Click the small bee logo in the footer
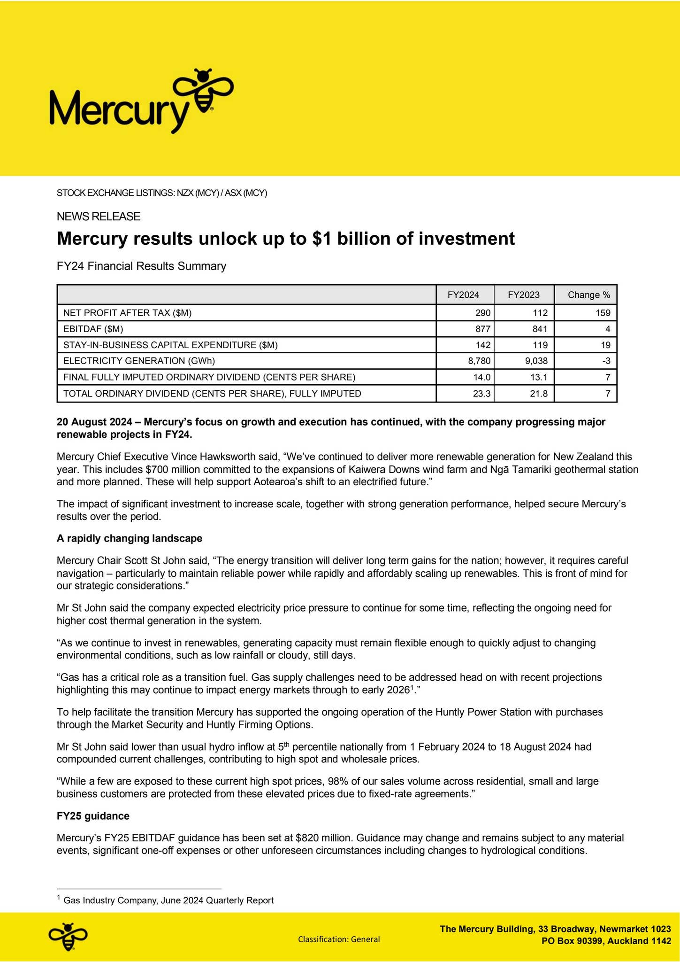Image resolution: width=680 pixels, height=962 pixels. (x=69, y=937)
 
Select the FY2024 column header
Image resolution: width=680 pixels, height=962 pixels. (x=463, y=295)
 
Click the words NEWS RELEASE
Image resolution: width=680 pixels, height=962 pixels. (x=99, y=217)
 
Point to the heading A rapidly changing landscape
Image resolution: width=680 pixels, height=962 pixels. (x=130, y=538)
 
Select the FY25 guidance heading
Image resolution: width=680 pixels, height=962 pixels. (x=93, y=816)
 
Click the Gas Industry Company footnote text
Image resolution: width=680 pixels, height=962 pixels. (x=168, y=900)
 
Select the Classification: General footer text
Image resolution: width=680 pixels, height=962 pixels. (x=339, y=939)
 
